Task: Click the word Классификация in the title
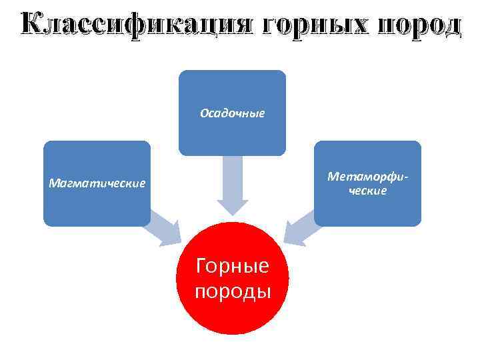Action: [x=137, y=24]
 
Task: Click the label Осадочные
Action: [x=232, y=113]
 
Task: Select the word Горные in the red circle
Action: [x=232, y=267]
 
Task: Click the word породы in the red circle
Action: [x=232, y=291]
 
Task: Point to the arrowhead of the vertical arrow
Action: [x=232, y=207]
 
